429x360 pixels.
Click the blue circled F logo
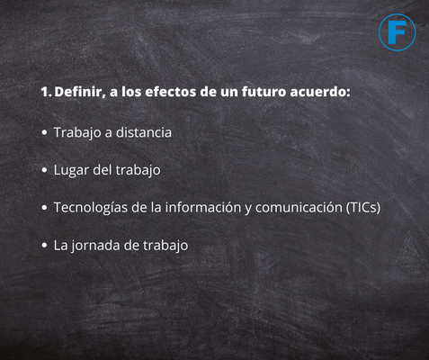tap(397, 32)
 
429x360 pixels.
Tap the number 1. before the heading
tap(47, 92)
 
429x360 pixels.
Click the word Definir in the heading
tap(79, 93)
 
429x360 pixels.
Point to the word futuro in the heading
tap(264, 92)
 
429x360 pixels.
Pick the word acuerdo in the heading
tap(320, 92)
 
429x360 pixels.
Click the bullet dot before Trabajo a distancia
tap(44, 132)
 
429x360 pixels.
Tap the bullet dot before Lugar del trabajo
tap(44, 170)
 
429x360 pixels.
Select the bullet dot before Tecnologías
tap(44, 208)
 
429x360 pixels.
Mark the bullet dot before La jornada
tap(44, 246)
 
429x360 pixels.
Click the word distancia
tap(144, 132)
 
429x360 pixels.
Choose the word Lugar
tap(71, 170)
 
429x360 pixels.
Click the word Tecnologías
tap(91, 208)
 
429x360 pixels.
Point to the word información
tap(203, 207)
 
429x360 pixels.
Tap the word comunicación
tap(299, 207)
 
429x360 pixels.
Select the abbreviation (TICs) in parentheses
tap(363, 208)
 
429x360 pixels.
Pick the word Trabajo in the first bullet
tap(77, 133)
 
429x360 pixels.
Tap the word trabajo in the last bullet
tap(165, 246)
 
